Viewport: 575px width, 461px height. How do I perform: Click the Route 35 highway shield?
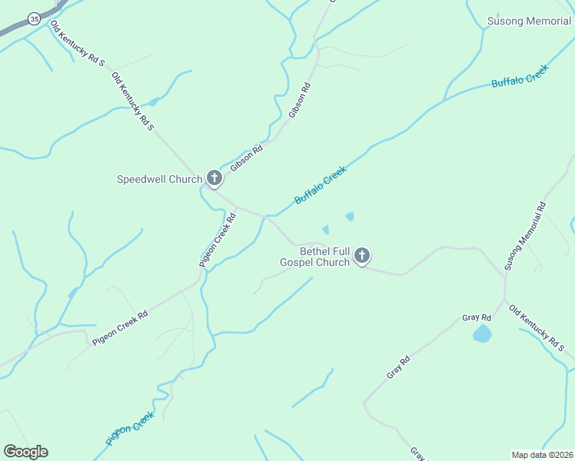tap(33, 18)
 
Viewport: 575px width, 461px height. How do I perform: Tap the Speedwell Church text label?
tap(159, 180)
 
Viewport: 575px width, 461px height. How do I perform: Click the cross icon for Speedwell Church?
tap(214, 180)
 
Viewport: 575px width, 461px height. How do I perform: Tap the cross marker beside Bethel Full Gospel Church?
tap(362, 256)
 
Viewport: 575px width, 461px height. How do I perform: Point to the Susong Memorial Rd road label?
tap(525, 236)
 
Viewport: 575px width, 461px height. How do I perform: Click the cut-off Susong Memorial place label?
tap(530, 21)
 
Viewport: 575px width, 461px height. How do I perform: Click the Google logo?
tap(25, 452)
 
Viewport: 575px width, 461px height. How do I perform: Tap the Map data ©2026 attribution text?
tap(543, 454)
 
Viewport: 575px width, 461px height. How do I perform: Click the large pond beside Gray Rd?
tap(482, 334)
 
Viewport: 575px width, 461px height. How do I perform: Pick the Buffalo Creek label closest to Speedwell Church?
tap(321, 185)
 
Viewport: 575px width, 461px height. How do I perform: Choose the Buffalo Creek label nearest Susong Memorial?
tap(520, 77)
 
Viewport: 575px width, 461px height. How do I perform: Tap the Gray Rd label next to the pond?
tap(477, 317)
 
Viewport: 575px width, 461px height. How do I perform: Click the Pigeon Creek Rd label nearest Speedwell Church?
tap(218, 240)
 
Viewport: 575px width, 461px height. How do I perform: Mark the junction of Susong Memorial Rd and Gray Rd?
tap(505, 299)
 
